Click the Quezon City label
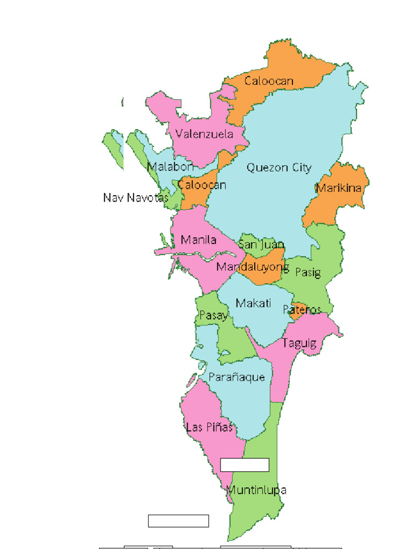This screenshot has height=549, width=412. [278, 168]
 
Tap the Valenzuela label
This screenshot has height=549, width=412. [204, 134]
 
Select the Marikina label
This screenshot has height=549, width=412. [339, 188]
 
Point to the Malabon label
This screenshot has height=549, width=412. [170, 166]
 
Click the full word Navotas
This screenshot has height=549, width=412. [148, 198]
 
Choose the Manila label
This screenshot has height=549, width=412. [198, 240]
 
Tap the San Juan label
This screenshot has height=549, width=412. [261, 245]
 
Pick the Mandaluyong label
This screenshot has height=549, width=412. [249, 266]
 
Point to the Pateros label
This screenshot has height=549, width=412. [302, 310]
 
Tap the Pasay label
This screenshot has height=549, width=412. [213, 315]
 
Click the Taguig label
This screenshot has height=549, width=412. [300, 343]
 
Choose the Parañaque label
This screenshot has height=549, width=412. [237, 377]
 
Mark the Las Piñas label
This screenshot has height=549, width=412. [210, 428]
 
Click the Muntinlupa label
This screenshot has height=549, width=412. [256, 490]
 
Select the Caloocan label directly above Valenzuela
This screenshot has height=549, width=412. [269, 81]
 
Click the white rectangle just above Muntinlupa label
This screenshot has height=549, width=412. [245, 465]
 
